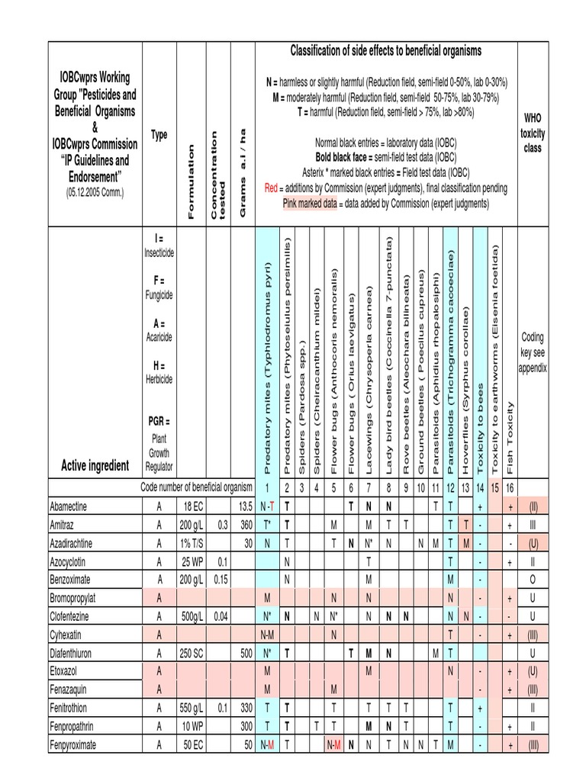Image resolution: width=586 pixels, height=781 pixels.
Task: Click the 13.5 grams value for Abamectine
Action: pos(245,506)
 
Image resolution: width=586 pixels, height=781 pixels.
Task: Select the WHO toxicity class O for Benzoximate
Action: pos(532,580)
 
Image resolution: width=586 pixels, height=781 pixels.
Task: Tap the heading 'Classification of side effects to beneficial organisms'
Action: pos(386,51)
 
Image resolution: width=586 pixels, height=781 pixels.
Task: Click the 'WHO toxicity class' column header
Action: pos(532,133)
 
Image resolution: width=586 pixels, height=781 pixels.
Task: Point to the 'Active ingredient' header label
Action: pos(95,466)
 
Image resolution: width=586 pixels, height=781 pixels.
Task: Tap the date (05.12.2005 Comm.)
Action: pos(95,194)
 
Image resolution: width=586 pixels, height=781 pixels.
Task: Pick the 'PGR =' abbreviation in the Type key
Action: pos(159,421)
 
